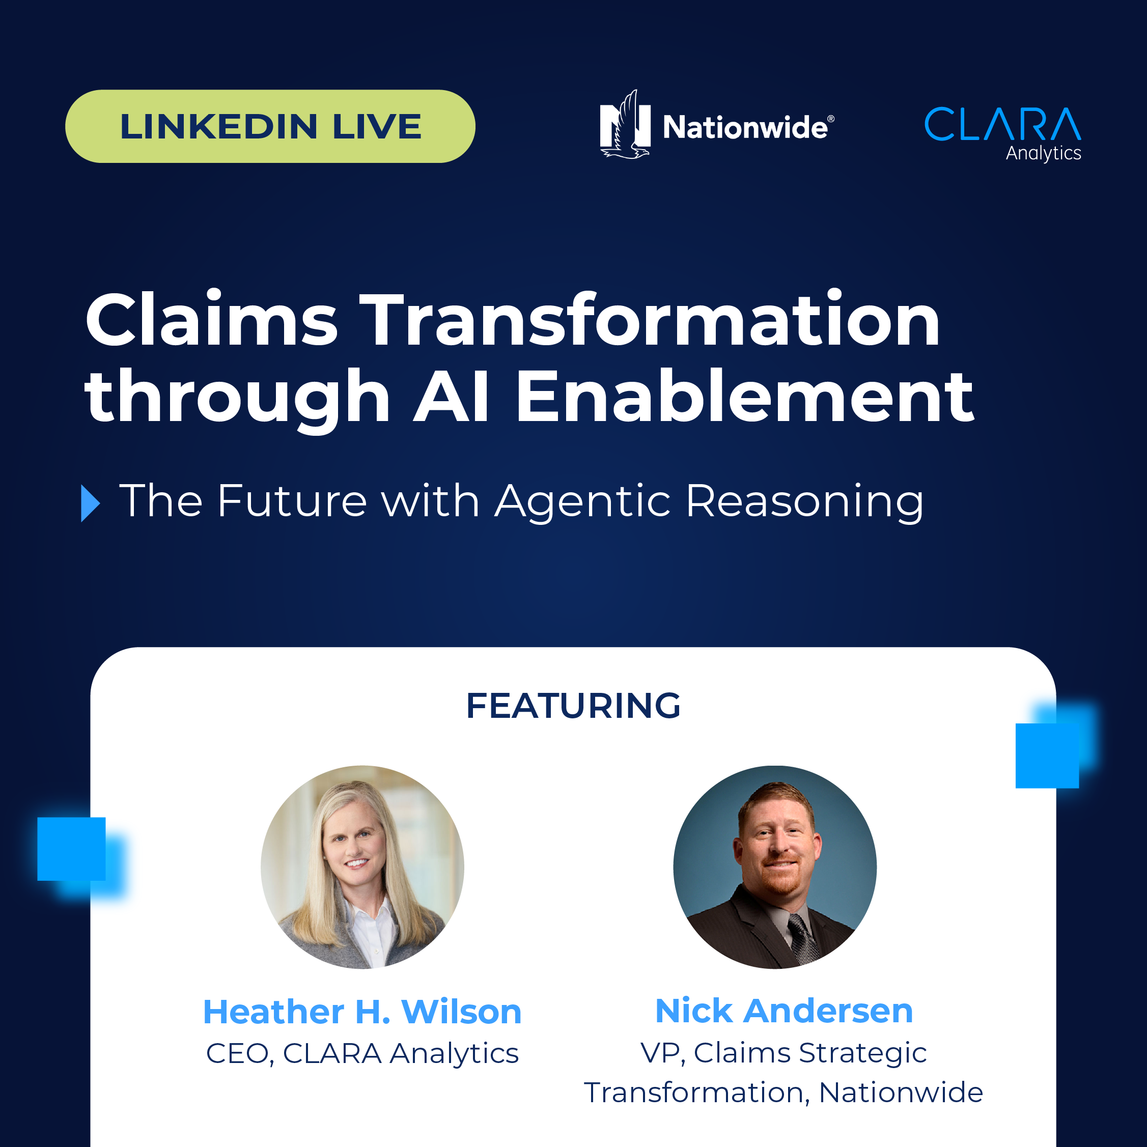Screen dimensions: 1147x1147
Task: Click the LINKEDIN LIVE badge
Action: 270,126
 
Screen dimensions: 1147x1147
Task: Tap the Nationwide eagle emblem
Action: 625,125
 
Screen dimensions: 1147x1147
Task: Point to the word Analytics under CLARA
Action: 1043,153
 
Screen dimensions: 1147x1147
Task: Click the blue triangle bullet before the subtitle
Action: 90,503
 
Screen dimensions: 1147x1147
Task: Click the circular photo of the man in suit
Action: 775,868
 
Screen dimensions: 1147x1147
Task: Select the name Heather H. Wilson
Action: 362,1011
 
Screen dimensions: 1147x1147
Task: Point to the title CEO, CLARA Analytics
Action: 362,1054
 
